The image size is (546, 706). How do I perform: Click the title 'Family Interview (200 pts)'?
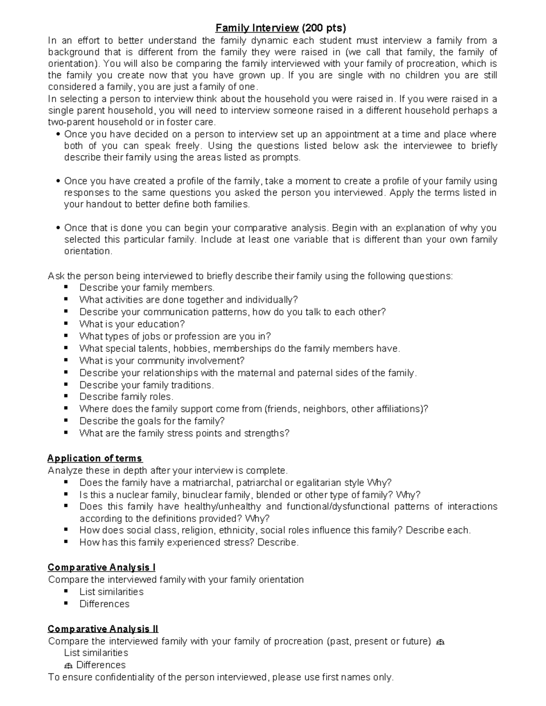click(280, 28)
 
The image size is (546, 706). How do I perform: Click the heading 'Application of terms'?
click(95, 458)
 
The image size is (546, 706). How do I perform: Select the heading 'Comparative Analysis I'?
click(101, 567)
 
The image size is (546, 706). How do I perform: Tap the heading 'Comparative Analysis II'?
click(103, 629)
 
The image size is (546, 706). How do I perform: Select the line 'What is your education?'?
click(132, 324)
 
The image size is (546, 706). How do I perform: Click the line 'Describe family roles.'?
click(126, 397)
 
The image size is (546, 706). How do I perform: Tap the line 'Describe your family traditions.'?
click(147, 385)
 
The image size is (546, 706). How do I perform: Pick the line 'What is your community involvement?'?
click(162, 361)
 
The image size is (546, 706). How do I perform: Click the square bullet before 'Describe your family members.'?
click(66, 287)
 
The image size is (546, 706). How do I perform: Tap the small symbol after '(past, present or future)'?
click(440, 642)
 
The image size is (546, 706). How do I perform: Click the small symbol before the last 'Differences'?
click(69, 666)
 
